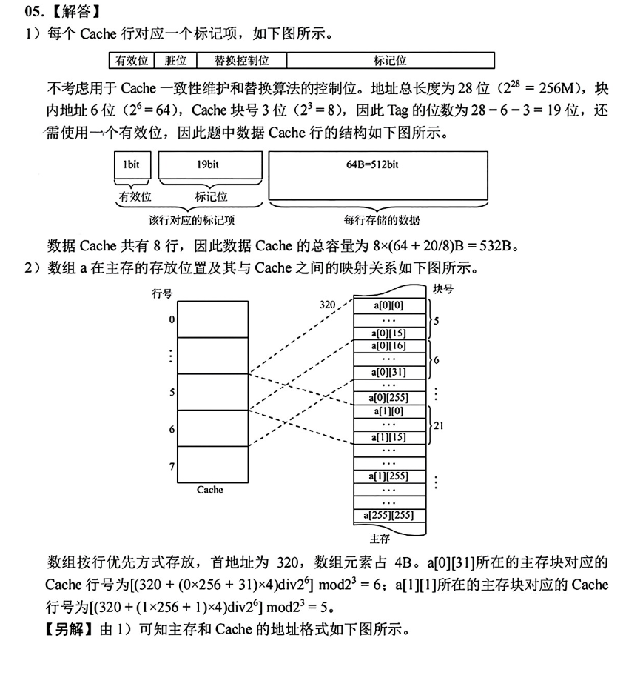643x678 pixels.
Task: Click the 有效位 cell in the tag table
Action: [129, 61]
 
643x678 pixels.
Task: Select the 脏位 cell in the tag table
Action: [175, 61]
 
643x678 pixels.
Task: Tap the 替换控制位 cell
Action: [241, 61]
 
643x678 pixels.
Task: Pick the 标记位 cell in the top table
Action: [390, 61]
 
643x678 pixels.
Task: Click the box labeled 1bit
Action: [132, 164]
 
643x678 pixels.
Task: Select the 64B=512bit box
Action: [377, 164]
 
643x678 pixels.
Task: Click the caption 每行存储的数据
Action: [381, 220]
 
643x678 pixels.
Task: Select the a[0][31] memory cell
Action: [389, 372]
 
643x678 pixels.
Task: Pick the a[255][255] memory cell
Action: [389, 514]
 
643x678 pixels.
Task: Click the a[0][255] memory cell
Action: [389, 398]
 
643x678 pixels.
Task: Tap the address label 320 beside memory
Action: [328, 304]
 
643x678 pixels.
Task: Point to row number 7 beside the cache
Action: [172, 466]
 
